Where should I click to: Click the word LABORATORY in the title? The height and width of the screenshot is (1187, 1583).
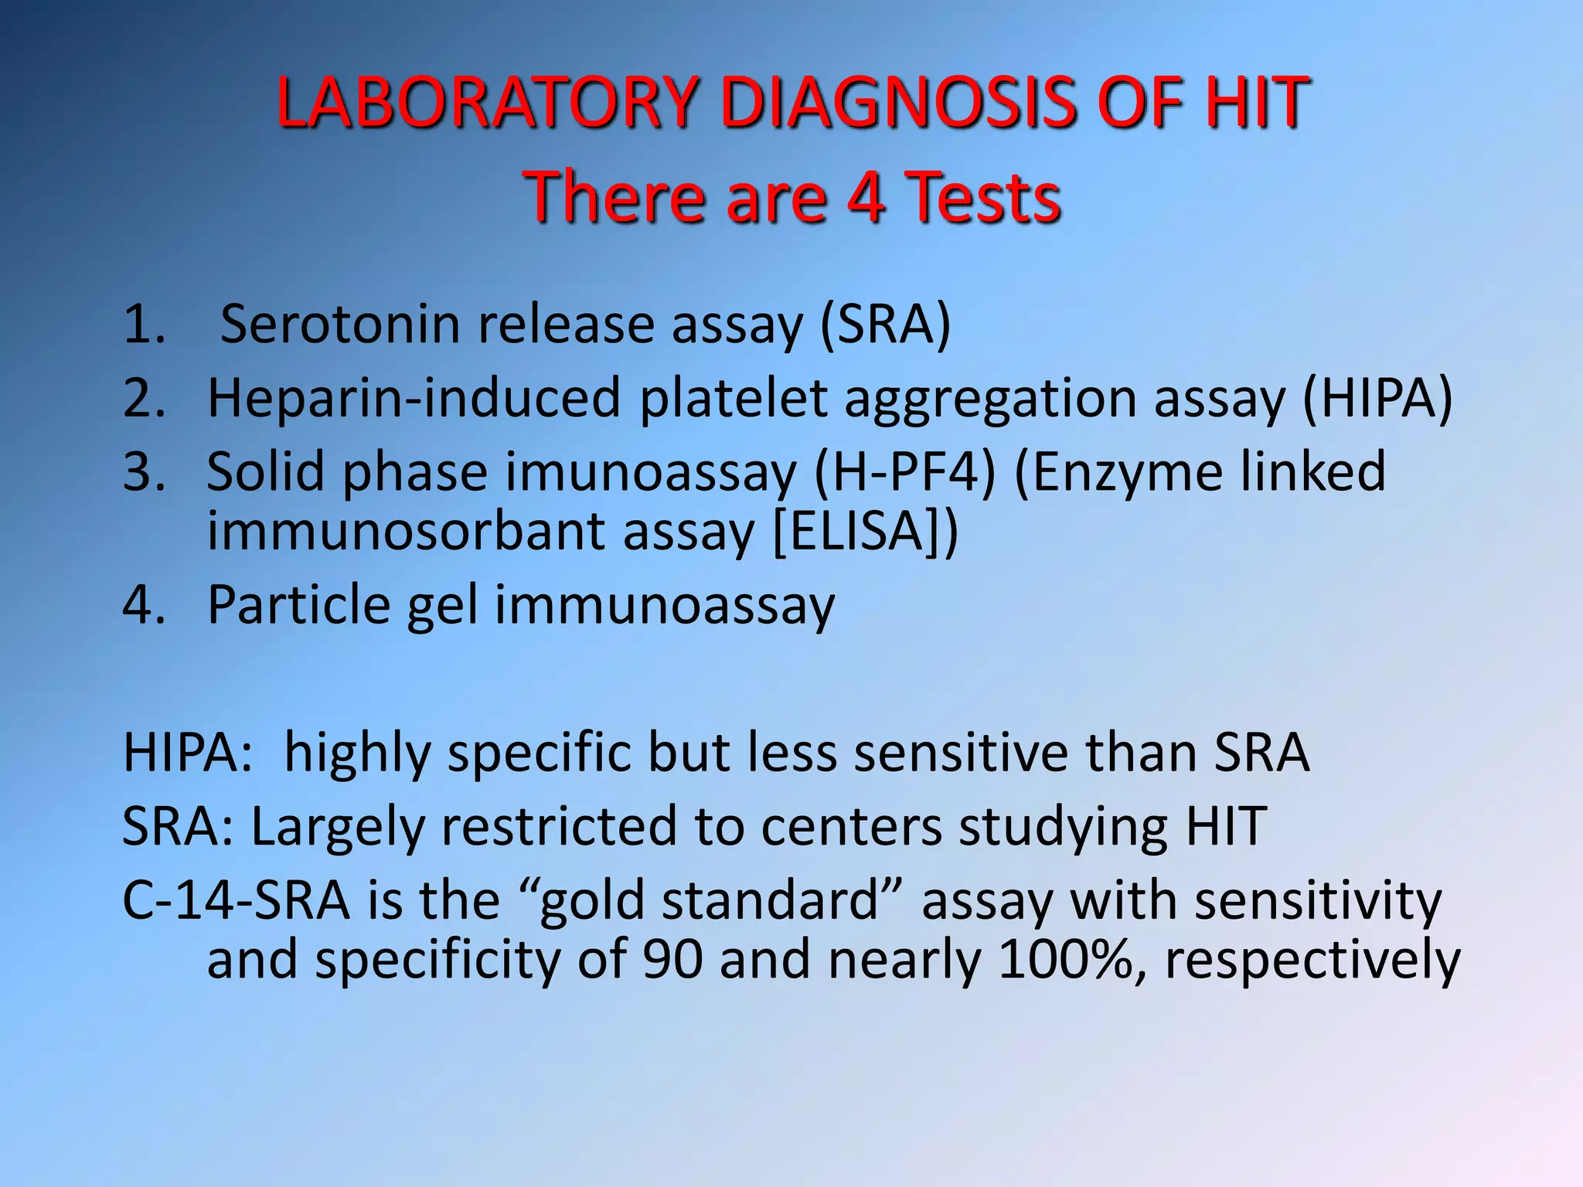[x=487, y=102]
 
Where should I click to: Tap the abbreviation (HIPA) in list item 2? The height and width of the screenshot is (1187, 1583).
[x=1377, y=398]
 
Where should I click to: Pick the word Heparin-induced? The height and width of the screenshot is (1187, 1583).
[x=414, y=398]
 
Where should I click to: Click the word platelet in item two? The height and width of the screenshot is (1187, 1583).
[x=734, y=398]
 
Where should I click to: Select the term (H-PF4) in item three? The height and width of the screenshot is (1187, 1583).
[x=905, y=471]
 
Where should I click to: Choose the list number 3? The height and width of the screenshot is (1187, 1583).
[x=144, y=471]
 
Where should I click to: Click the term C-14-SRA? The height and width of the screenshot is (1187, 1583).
[x=236, y=900]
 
